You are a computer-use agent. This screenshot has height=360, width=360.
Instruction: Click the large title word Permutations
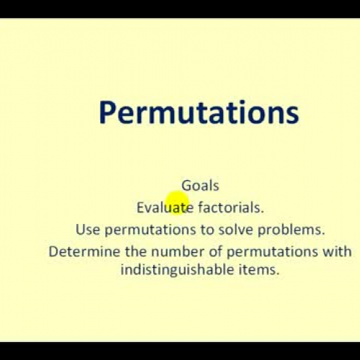[198, 113]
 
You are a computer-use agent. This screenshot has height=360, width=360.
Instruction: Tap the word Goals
[199, 185]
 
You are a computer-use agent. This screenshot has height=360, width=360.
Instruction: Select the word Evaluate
[165, 207]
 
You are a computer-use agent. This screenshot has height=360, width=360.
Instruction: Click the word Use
[88, 230]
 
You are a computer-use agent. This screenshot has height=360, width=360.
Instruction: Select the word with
[338, 252]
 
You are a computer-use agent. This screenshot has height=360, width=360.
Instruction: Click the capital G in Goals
[186, 185]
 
